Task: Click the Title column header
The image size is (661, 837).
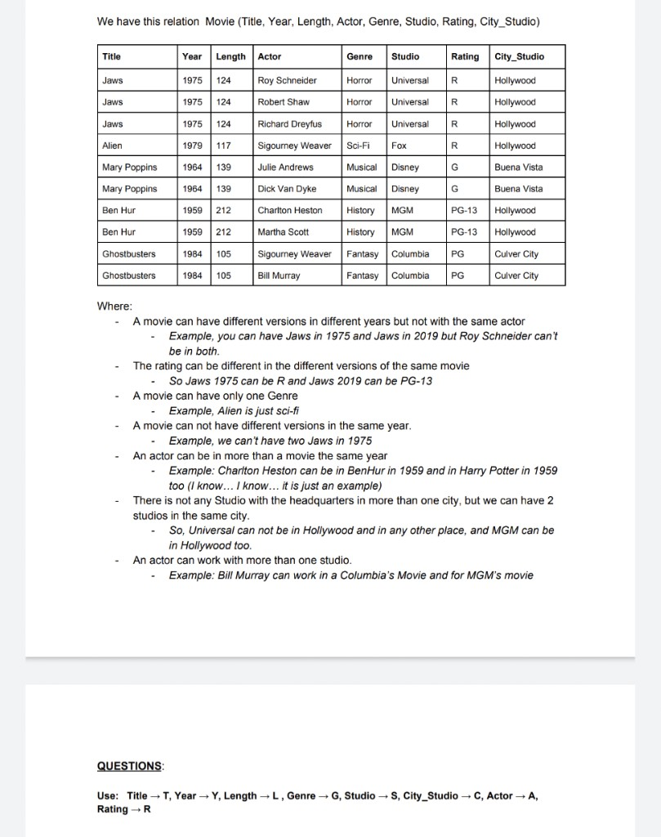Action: [x=112, y=57]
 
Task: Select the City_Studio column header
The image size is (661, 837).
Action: [x=519, y=57]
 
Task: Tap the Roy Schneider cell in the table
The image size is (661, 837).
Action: [x=287, y=81]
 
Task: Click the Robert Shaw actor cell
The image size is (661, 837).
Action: [x=282, y=102]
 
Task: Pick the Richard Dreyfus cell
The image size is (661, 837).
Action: [x=289, y=124]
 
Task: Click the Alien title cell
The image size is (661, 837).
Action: [x=113, y=145]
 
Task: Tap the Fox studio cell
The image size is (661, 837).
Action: [x=400, y=145]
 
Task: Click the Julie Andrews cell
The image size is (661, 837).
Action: [x=285, y=167]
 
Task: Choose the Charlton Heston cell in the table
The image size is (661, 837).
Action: [x=289, y=210]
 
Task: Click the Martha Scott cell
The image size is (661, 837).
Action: [x=283, y=232]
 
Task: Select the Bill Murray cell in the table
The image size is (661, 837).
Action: [x=279, y=275]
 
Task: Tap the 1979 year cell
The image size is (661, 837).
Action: [x=193, y=145]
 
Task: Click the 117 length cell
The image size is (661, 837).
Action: [x=223, y=145]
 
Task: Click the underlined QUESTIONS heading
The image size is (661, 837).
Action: [x=130, y=766]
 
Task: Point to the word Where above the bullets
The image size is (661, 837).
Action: [x=114, y=307]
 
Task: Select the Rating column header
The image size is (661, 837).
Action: [x=465, y=57]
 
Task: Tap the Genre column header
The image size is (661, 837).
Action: [x=360, y=57]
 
